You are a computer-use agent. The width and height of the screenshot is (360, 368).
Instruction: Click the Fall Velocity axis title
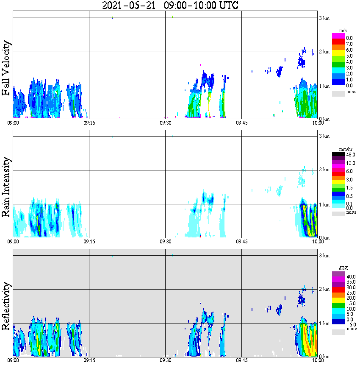click(6, 69)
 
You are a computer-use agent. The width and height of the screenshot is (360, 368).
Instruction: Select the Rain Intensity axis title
click(6, 187)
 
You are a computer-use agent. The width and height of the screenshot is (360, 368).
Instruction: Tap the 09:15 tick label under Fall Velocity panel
click(89, 123)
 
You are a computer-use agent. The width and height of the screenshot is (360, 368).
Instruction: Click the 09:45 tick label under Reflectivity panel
click(241, 360)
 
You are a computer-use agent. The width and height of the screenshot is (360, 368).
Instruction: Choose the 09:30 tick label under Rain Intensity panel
click(165, 241)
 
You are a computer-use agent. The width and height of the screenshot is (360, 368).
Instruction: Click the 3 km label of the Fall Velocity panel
click(325, 18)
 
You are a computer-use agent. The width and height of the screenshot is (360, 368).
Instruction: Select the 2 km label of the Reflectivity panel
click(325, 290)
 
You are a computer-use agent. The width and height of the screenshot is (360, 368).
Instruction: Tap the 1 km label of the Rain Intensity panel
click(325, 205)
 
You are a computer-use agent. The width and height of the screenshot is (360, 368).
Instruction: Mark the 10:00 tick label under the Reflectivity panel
click(318, 360)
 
